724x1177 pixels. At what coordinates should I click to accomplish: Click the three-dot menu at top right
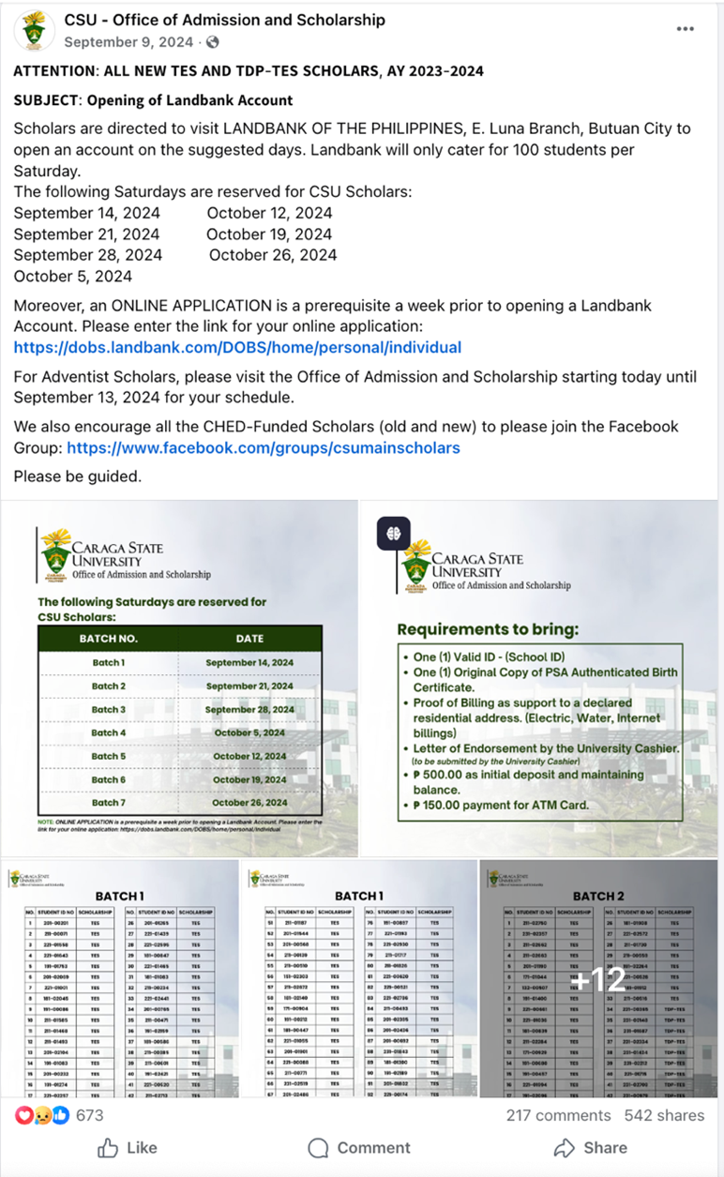686,29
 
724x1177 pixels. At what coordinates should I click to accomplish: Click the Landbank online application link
237,347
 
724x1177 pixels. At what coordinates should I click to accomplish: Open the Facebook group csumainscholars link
263,447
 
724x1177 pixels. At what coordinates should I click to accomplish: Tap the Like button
128,1147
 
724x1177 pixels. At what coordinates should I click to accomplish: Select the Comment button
360,1147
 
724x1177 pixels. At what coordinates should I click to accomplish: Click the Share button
591,1147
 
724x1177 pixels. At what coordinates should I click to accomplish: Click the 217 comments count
558,1115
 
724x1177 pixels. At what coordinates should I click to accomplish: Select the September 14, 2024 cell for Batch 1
249,662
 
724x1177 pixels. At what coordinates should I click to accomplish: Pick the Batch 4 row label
109,732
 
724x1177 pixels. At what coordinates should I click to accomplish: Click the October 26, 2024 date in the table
249,803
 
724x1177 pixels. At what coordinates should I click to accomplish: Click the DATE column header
249,638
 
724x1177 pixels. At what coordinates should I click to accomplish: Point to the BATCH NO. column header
108,638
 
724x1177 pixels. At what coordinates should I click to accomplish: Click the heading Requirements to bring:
488,628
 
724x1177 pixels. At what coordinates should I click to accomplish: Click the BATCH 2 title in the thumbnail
598,896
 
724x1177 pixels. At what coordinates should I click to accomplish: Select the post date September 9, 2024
128,42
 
